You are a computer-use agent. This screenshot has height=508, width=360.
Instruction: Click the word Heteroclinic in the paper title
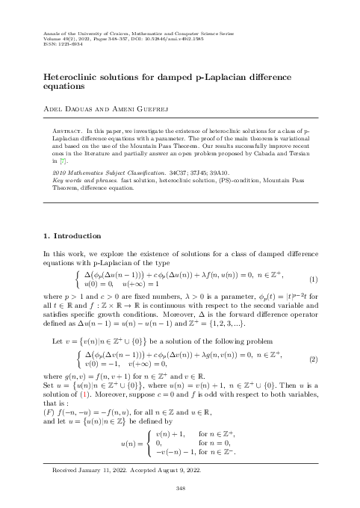point(69,76)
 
